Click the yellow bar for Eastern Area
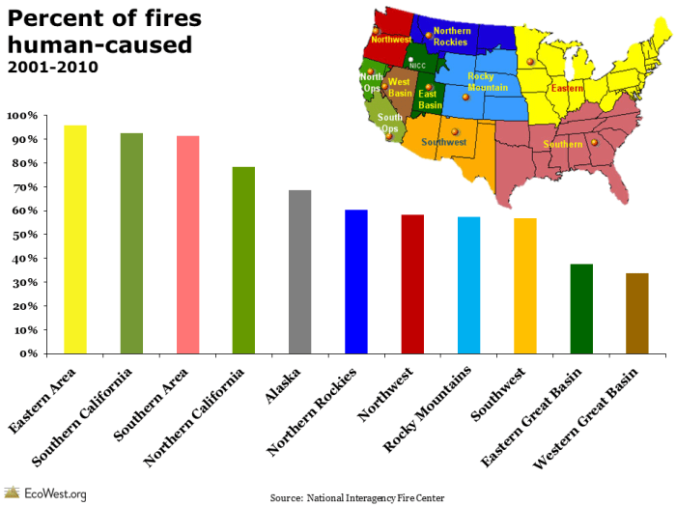pyautogui.click(x=74, y=239)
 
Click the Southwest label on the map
pyautogui.click(x=444, y=142)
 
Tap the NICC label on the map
pyautogui.click(x=417, y=66)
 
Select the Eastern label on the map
pyautogui.click(x=567, y=88)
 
